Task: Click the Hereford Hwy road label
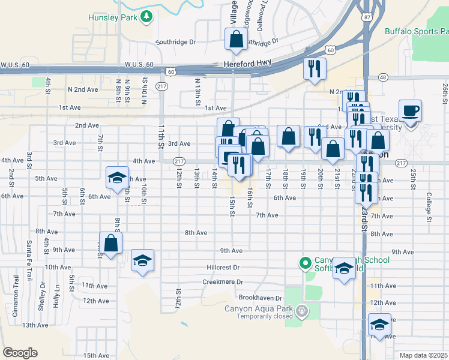tap(247, 62)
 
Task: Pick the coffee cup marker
tap(410, 110)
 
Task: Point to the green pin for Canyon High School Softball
tap(306, 263)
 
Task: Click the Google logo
tap(20, 353)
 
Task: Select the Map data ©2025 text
tap(423, 356)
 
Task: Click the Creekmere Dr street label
tap(222, 281)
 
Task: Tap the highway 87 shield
tap(367, 18)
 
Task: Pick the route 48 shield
tap(382, 77)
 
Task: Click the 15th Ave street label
tap(97, 355)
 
